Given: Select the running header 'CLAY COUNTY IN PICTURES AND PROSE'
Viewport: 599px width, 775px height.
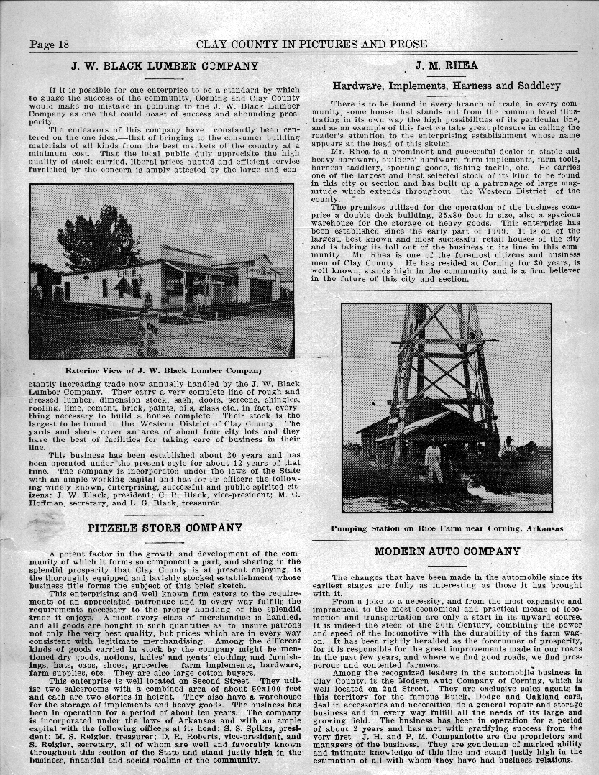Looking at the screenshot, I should (x=311, y=45).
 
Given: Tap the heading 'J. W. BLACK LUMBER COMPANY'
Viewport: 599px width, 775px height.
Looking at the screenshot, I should (x=165, y=66).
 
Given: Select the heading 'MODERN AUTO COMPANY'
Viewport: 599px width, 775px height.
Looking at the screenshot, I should (x=447, y=551).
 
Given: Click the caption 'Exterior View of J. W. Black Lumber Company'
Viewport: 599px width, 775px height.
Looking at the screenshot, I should (x=164, y=370).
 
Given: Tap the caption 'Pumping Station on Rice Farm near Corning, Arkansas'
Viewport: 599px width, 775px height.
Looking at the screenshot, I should (x=447, y=528).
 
